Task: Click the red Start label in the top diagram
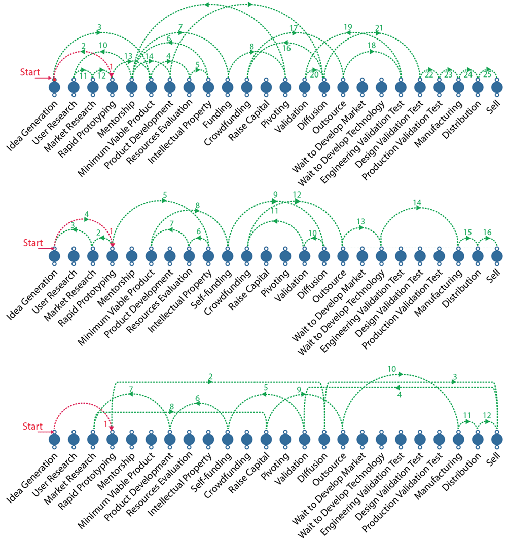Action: point(30,72)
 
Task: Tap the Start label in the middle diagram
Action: point(33,243)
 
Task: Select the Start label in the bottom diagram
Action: point(32,426)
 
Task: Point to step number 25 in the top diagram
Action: point(487,74)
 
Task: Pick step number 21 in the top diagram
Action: point(379,28)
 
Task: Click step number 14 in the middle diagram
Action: point(417,203)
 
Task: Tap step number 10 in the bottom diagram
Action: point(391,369)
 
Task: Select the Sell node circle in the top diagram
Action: point(497,87)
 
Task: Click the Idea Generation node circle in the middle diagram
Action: point(54,256)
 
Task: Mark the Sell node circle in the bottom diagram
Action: point(497,440)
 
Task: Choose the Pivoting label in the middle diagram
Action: point(275,283)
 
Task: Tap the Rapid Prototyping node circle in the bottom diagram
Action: point(112,440)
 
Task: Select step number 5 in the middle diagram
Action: point(165,196)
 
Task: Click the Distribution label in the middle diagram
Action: point(461,288)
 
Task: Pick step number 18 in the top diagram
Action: point(371,45)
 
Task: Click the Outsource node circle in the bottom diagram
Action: point(343,440)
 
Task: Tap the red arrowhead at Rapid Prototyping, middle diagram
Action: point(112,245)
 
